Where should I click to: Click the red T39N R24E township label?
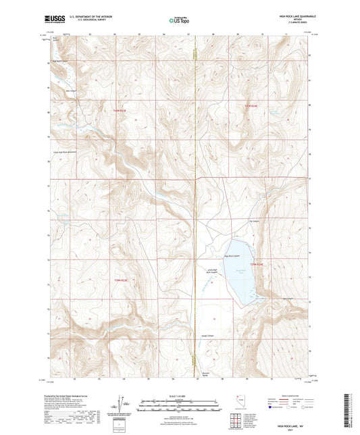pos(259,264)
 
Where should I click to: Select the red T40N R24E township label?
pos(251,107)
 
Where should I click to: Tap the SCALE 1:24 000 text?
pos(179,395)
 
